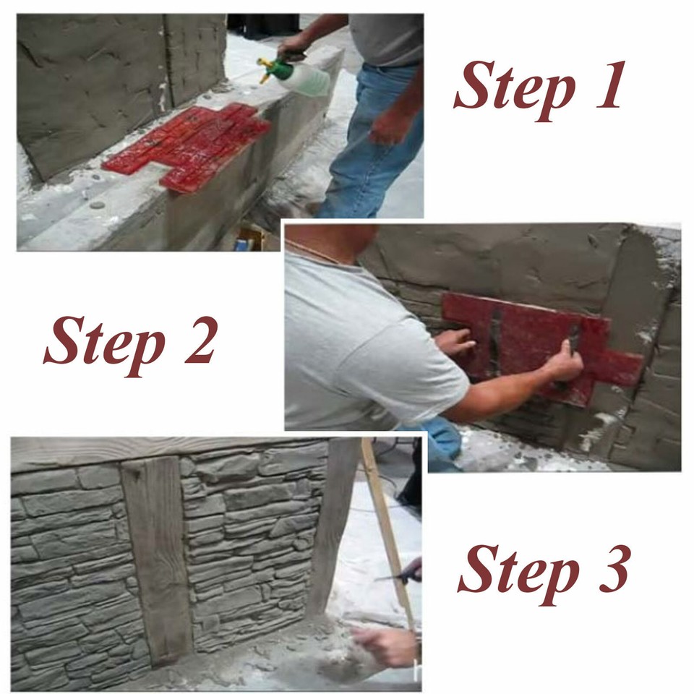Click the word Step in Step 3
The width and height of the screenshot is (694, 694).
518,571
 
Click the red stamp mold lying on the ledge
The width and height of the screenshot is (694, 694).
188,145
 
